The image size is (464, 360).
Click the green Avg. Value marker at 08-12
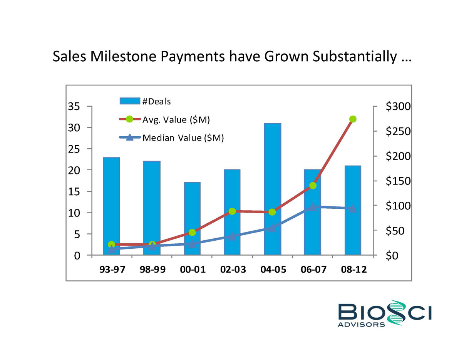353,119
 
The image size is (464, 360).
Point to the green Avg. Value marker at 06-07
313,186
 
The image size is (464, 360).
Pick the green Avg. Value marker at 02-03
232,211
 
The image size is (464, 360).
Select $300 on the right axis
398,107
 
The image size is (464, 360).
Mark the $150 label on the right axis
398,181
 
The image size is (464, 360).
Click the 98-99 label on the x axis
152,270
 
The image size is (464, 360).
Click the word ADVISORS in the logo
361,325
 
